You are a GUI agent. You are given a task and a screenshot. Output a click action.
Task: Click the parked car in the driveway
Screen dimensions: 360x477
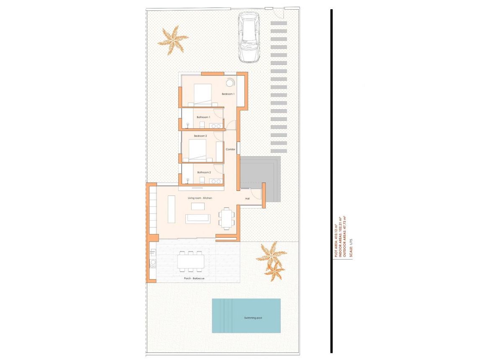pos(249,36)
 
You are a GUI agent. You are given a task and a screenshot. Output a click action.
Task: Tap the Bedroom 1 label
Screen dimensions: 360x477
pos(228,94)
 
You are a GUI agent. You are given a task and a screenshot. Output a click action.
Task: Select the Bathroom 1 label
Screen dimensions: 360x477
pos(203,117)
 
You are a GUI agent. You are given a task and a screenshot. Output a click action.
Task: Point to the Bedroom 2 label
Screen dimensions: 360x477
pos(200,136)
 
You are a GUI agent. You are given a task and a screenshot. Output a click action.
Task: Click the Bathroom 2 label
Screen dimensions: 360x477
pos(204,172)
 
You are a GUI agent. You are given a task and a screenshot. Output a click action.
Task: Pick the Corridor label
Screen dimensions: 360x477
pos(231,149)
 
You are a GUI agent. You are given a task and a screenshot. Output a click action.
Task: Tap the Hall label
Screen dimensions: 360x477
pos(247,198)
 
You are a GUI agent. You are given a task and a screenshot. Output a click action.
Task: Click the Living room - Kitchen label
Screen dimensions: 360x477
pos(200,198)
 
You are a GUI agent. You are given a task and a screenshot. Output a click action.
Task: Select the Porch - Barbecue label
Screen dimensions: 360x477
pos(194,278)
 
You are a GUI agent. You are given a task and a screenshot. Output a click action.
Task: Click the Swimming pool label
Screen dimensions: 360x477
pos(253,318)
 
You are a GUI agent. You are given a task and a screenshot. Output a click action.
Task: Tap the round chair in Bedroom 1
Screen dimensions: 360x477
pos(231,82)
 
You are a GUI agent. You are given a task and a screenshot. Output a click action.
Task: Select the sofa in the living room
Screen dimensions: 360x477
pos(198,218)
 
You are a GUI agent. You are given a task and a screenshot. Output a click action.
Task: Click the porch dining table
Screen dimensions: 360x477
pos(191,262)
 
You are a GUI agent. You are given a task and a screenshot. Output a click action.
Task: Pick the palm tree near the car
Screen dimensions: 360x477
pos(172,40)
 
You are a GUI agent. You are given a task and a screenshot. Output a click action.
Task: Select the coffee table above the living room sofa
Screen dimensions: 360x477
pos(198,206)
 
